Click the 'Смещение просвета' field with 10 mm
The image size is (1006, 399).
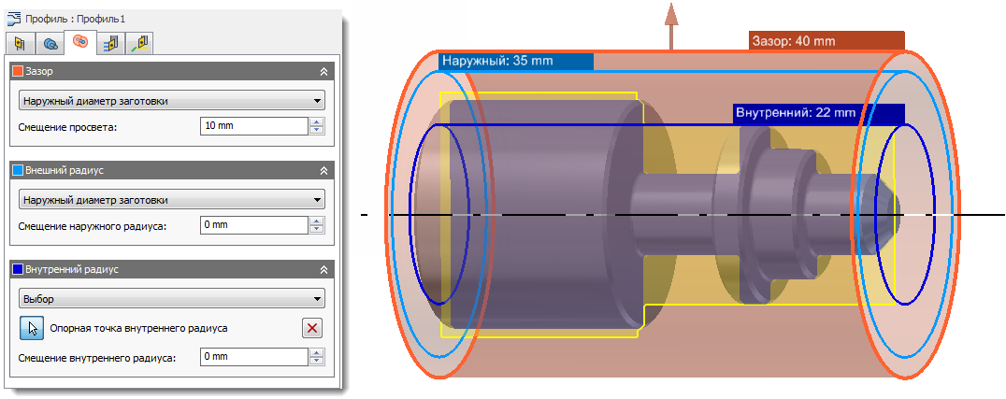click(253, 126)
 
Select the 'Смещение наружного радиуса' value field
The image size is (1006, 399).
click(253, 225)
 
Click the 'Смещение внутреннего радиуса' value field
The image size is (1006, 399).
click(253, 357)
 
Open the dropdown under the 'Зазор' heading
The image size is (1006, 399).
click(171, 101)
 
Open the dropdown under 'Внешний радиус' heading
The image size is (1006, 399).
click(171, 200)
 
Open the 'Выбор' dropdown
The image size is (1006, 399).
click(171, 300)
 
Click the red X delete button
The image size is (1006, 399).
click(312, 328)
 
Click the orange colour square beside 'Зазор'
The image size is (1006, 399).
click(17, 71)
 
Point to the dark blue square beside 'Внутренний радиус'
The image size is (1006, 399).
click(17, 270)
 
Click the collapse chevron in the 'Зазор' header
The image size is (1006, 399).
click(323, 71)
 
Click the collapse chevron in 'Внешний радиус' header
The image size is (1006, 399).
click(323, 171)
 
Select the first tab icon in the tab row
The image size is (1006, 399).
click(20, 43)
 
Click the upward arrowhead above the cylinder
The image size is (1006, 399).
click(670, 12)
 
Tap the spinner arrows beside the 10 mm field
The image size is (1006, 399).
click(317, 126)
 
